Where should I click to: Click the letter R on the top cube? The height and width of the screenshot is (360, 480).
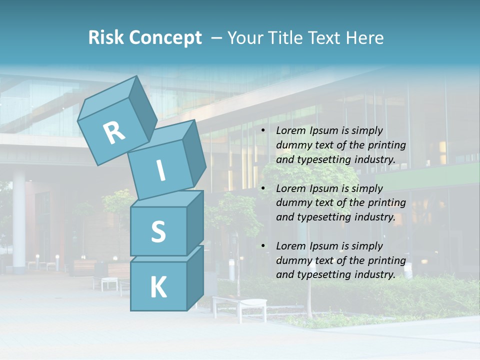114,133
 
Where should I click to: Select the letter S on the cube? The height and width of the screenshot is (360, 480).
158,231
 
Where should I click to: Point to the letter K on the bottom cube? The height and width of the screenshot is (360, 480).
158,287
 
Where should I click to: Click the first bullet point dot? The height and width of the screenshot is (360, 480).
263,131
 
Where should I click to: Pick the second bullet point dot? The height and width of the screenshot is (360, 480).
263,189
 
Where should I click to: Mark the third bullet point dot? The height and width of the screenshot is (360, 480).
263,246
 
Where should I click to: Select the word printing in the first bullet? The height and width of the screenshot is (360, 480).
388,145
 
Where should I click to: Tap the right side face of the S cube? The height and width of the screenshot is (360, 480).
195,222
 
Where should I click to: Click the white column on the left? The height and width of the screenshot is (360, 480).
19,220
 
